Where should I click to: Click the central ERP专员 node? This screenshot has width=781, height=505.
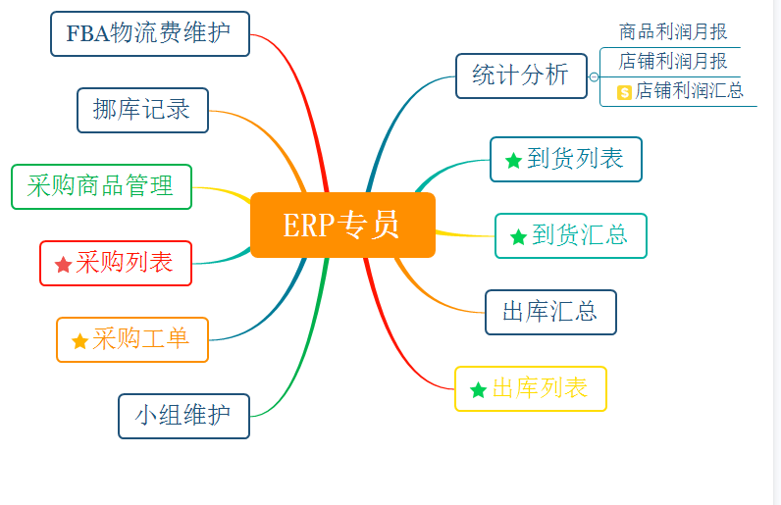click(342, 225)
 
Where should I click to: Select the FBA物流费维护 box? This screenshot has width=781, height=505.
click(150, 33)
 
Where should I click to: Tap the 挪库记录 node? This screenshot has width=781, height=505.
click(142, 110)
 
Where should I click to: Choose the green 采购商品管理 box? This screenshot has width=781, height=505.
click(101, 186)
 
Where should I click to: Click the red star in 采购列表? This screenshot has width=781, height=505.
click(64, 264)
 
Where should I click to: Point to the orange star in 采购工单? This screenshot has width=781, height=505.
click(80, 341)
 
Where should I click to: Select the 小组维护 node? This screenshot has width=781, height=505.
click(183, 416)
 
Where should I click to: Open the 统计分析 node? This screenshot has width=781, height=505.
click(520, 76)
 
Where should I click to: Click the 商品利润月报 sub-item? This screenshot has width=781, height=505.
click(673, 32)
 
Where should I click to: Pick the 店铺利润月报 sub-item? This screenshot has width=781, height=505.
click(673, 61)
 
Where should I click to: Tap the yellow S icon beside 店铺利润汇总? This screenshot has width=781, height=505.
click(624, 91)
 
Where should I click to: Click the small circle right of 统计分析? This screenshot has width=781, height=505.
click(595, 76)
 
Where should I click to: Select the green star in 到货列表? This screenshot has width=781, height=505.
click(513, 160)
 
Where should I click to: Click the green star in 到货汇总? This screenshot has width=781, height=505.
click(518, 236)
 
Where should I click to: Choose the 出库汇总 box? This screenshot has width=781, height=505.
click(550, 312)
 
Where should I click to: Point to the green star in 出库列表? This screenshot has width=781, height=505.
click(478, 389)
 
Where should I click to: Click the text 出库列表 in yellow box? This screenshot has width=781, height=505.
click(540, 388)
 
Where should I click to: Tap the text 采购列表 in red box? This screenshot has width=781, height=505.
click(125, 263)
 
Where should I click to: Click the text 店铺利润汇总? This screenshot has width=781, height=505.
click(689, 91)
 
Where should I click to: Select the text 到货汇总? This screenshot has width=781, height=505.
click(580, 235)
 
